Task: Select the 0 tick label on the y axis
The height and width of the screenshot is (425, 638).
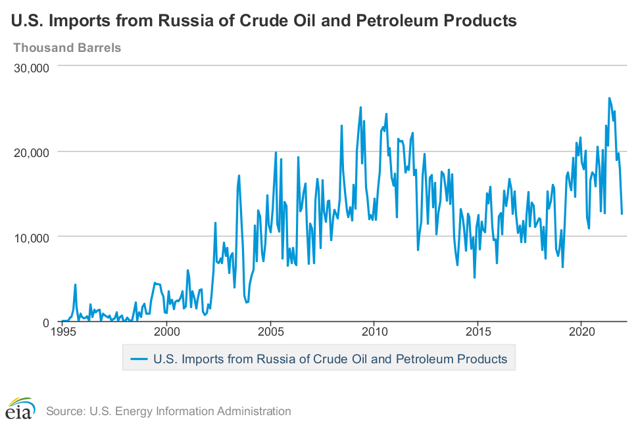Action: [x=47, y=322]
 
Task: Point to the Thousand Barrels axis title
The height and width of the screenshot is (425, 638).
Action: [x=67, y=47]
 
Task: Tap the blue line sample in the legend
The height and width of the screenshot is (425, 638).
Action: [x=139, y=359]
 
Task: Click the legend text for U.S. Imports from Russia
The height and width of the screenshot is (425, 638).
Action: [x=330, y=359]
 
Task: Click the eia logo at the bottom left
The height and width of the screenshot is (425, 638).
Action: [x=21, y=409]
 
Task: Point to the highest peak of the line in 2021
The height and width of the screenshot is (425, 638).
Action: [x=609, y=98]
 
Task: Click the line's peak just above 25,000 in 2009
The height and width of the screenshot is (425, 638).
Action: [x=360, y=107]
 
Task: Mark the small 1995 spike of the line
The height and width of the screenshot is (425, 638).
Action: [x=76, y=285]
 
